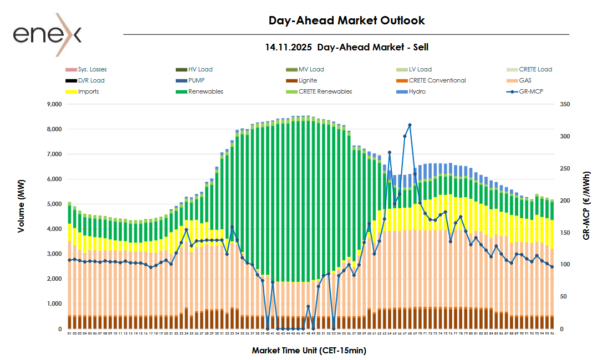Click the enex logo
(47, 35)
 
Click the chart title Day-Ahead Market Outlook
(347, 20)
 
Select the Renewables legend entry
(206, 91)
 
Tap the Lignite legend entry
(308, 80)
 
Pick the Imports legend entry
(88, 91)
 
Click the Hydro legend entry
(417, 91)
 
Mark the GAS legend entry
(525, 80)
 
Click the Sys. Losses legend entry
(92, 69)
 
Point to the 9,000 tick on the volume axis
(54, 104)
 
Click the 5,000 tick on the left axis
(54, 204)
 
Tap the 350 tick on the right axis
(565, 104)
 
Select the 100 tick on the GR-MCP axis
(565, 265)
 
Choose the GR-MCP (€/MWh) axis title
(587, 205)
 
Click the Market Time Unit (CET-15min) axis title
(309, 351)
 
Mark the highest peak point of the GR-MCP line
(410, 125)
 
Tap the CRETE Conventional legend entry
(437, 80)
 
